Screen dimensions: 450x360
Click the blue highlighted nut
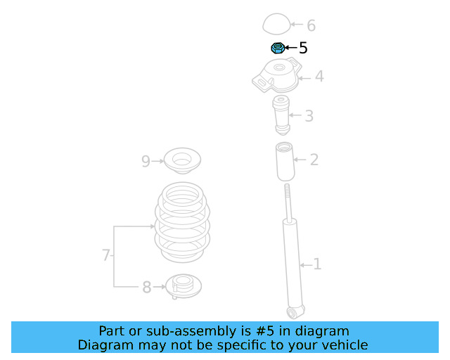point(278,48)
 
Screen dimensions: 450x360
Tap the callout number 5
point(303,48)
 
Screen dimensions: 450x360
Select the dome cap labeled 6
point(276,23)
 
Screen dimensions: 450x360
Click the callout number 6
point(311,25)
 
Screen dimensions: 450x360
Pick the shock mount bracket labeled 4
point(276,75)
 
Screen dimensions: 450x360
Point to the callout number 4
point(319,76)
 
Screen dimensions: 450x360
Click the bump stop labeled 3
point(281,115)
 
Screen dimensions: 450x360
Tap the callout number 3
point(309,116)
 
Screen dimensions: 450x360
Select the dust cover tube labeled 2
point(285,162)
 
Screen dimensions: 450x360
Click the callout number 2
point(314,160)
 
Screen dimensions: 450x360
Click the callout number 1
point(317,264)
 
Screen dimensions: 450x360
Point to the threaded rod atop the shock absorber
point(288,202)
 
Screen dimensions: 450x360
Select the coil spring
point(182,222)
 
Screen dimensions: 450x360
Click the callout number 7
point(106,255)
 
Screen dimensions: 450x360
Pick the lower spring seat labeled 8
point(184,286)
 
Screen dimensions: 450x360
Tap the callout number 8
point(147,287)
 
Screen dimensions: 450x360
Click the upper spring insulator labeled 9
point(182,160)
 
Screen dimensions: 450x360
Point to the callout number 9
point(146,161)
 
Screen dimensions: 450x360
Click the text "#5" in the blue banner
point(264,331)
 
